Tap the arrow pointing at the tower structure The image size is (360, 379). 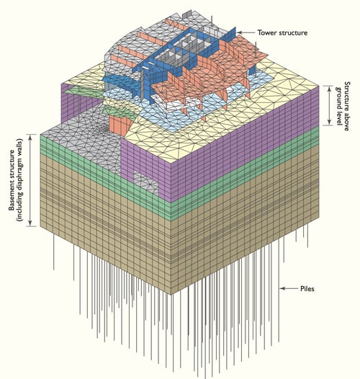coord(246,32)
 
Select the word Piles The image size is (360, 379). coord(307,289)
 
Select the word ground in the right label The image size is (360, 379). coord(338,97)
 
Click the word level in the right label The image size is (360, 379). coord(338,117)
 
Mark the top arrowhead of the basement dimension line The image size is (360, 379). coord(30,137)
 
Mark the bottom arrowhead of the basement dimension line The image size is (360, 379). coord(30,223)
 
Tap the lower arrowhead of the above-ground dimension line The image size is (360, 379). coord(329,122)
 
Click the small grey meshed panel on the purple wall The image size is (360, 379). coord(145,183)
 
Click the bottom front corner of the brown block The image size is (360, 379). coord(171,294)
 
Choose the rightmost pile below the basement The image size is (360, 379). coord(307,235)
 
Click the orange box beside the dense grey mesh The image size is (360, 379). coord(120,125)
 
